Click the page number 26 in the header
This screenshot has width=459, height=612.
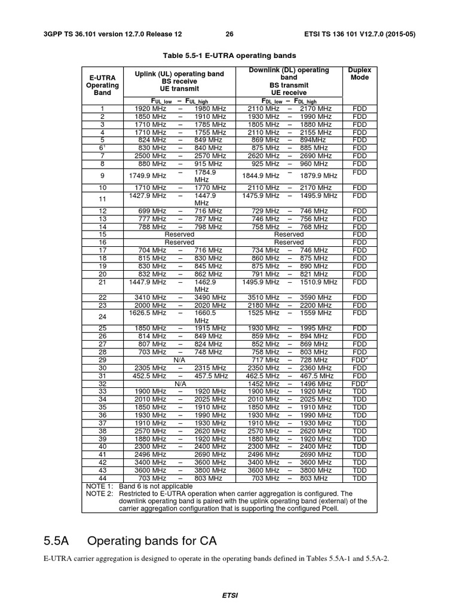[x=230, y=17]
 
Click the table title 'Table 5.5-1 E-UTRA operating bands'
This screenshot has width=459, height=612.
[x=229, y=55]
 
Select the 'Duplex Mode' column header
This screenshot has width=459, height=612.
[x=359, y=74]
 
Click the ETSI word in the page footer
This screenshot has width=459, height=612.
[x=229, y=596]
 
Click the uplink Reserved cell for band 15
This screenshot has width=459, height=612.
[x=179, y=234]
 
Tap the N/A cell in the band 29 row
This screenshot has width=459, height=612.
[x=179, y=360]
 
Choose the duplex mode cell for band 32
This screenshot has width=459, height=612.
[x=359, y=384]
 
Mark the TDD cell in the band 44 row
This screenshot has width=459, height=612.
[x=359, y=478]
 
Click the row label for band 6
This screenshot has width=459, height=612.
[x=102, y=148]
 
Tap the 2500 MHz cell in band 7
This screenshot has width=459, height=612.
[x=151, y=155]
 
